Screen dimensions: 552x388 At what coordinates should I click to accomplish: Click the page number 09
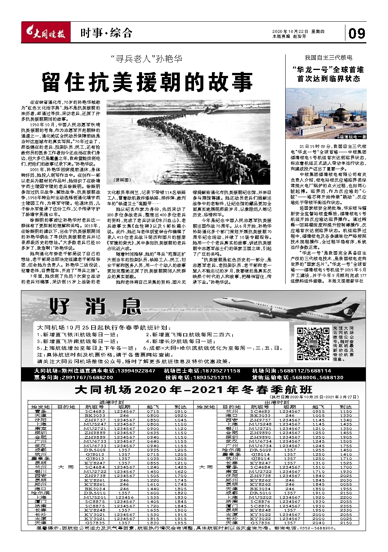click(x=357, y=34)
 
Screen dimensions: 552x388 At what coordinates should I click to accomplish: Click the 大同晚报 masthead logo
click(x=44, y=34)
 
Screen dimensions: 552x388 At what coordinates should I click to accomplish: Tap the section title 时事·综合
click(x=106, y=33)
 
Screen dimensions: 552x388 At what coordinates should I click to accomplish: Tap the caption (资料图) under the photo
click(x=122, y=180)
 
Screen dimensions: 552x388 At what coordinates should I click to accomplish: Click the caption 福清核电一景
click(x=354, y=137)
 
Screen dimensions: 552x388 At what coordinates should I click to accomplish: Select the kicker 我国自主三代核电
click(x=329, y=58)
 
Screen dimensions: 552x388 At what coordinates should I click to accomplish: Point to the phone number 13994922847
click(x=136, y=371)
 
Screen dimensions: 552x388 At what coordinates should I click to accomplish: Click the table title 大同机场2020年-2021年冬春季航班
click(x=194, y=390)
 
